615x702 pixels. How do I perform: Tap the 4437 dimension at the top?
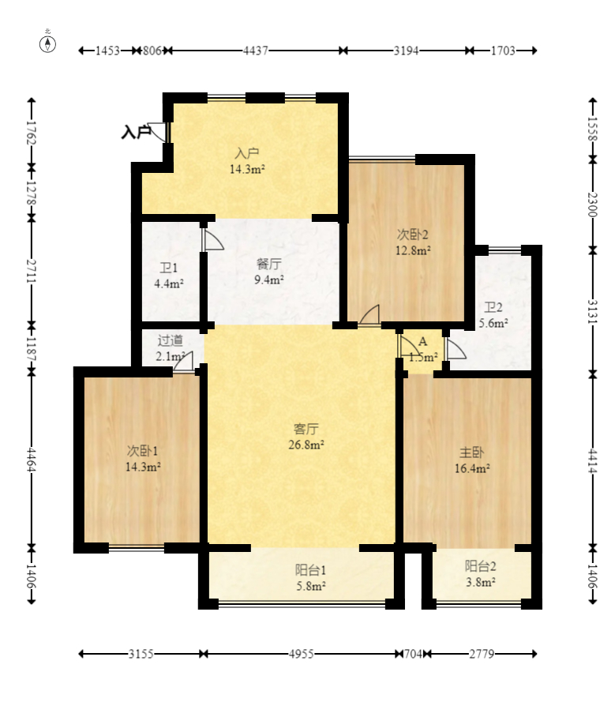point(256,51)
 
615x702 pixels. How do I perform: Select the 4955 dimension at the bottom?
point(301,654)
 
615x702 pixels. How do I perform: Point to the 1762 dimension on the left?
point(31,133)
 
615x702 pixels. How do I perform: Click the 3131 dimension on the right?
point(593,312)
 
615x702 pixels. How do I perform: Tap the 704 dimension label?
point(413,654)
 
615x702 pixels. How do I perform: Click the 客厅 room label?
point(306,429)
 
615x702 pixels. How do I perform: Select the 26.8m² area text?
point(306,445)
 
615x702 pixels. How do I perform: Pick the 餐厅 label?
point(268,265)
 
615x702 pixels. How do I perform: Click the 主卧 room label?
point(472,452)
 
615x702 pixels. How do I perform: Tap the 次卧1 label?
point(142,451)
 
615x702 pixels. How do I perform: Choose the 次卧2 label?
point(413,235)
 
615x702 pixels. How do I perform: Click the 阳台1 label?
point(310,570)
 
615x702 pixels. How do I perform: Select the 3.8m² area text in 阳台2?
point(480,582)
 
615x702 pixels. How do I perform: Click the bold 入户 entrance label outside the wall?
point(136,132)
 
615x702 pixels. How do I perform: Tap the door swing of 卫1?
point(212,240)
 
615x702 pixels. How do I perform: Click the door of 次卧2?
point(369,314)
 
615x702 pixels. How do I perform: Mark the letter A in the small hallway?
point(422,342)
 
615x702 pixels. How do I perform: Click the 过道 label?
point(170,340)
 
